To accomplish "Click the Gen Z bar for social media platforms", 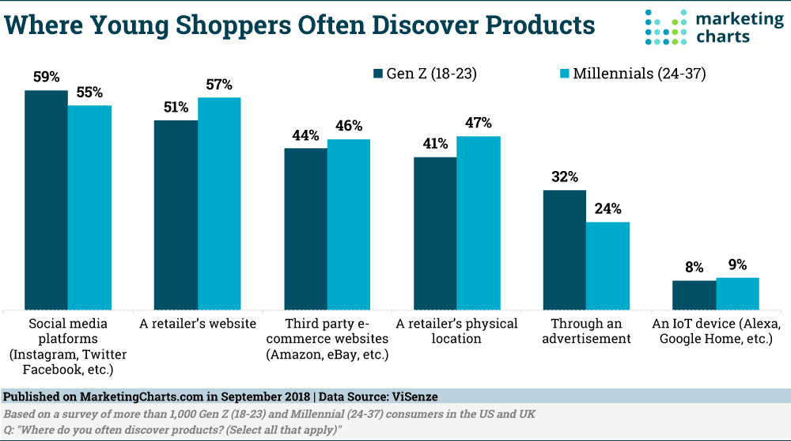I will pyautogui.click(x=46, y=200).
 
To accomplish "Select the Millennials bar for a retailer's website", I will pyautogui.click(x=219, y=203).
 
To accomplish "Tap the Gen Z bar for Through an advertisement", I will pyautogui.click(x=564, y=249).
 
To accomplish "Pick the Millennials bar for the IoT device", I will pyautogui.click(x=737, y=293).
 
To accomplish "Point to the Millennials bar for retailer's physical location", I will pyautogui.click(x=478, y=222).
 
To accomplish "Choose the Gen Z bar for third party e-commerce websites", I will pyautogui.click(x=305, y=228).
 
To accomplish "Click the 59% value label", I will pyautogui.click(x=46, y=78).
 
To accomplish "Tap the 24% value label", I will pyautogui.click(x=607, y=210).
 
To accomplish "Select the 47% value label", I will pyautogui.click(x=478, y=124).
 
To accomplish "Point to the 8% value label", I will pyautogui.click(x=694, y=268).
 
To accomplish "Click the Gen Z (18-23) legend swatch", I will pyautogui.click(x=378, y=74).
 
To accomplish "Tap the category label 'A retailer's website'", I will pyautogui.click(x=198, y=324).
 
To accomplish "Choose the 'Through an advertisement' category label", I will pyautogui.click(x=585, y=331).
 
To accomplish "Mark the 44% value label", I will pyautogui.click(x=305, y=135).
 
